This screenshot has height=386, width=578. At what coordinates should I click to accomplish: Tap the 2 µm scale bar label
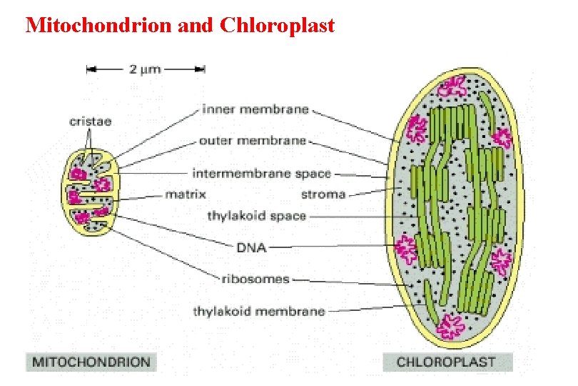(x=145, y=69)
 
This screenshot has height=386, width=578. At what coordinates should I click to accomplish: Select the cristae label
(x=90, y=122)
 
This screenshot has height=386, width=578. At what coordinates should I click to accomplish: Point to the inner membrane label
(x=255, y=109)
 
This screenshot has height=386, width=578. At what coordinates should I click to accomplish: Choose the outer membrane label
(x=253, y=140)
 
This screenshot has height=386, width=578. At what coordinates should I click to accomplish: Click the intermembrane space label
(x=261, y=173)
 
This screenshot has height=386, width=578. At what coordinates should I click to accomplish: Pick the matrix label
(x=186, y=194)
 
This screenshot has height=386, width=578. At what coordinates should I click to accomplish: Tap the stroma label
(x=323, y=194)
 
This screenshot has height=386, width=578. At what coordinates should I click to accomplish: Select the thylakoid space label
(x=256, y=215)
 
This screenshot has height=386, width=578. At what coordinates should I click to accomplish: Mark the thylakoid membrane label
(x=259, y=311)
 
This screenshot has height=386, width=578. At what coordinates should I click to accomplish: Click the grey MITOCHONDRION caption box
(x=91, y=361)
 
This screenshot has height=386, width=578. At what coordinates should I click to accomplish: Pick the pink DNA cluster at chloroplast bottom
(x=451, y=325)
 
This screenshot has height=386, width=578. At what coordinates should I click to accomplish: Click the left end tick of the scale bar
(x=87, y=69)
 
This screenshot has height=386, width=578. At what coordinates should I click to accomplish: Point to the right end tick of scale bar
(x=205, y=69)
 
